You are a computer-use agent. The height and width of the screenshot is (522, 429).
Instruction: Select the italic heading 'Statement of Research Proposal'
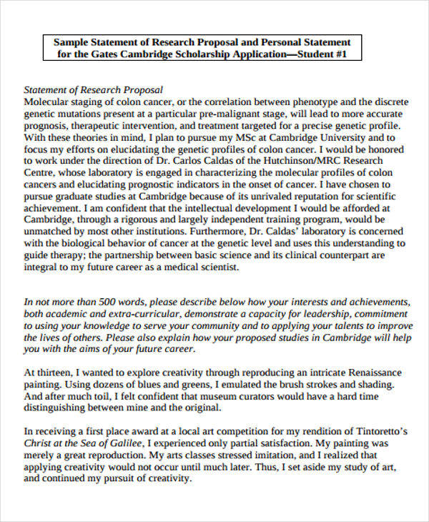coord(94,90)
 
